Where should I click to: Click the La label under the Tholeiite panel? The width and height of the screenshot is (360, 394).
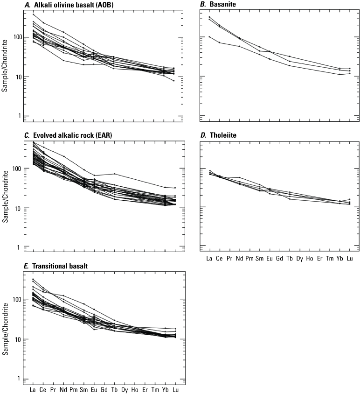click(x=209, y=258)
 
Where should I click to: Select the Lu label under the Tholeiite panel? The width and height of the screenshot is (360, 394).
click(x=350, y=258)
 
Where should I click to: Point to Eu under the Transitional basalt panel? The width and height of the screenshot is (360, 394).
click(x=94, y=389)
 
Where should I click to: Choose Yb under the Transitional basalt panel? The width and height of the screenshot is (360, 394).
click(x=166, y=389)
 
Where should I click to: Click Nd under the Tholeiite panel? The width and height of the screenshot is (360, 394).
click(x=239, y=258)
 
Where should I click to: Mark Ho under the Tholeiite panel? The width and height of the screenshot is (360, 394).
click(x=309, y=258)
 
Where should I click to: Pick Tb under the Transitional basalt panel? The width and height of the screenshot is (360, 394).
click(x=114, y=389)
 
